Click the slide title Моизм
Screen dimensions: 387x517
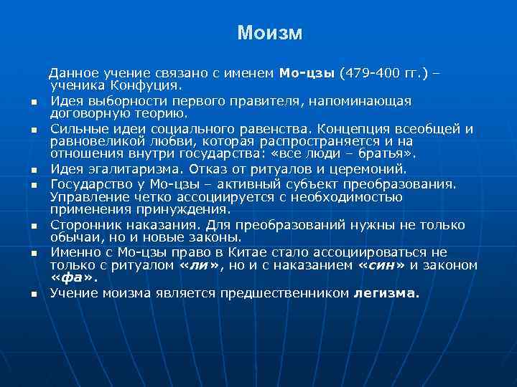coord(270,33)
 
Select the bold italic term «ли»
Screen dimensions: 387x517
coord(195,265)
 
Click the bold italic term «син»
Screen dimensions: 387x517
coord(381,265)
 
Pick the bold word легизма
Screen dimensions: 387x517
coord(387,293)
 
